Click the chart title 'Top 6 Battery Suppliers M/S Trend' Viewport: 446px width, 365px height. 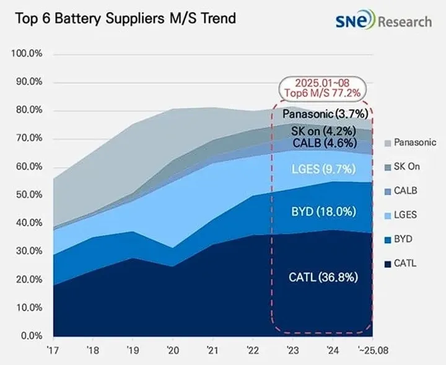tap(125, 19)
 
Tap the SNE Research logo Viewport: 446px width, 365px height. tap(383, 20)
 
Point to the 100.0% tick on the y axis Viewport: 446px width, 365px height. tap(27, 53)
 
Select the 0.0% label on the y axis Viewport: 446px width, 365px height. tap(32, 336)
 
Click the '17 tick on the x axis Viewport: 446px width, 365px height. tap(53, 350)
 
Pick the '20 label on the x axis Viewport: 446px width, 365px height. tap(173, 350)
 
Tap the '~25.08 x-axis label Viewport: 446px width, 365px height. tap(373, 350)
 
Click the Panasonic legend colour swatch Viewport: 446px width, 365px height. tap(388, 143)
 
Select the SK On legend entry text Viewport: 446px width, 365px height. tap(407, 167)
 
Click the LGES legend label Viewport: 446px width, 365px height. tap(405, 214)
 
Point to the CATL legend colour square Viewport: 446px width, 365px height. tap(388, 264)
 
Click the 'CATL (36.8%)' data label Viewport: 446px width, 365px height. tap(323, 277)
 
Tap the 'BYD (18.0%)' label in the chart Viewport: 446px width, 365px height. tap(324, 212)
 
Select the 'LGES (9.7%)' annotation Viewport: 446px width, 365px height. tap(324, 169)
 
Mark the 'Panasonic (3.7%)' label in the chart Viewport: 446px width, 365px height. tap(325, 114)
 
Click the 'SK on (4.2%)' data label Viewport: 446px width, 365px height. tap(324, 131)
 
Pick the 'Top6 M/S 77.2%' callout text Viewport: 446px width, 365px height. tap(323, 93)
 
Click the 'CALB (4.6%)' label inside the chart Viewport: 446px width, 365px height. tap(325, 143)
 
